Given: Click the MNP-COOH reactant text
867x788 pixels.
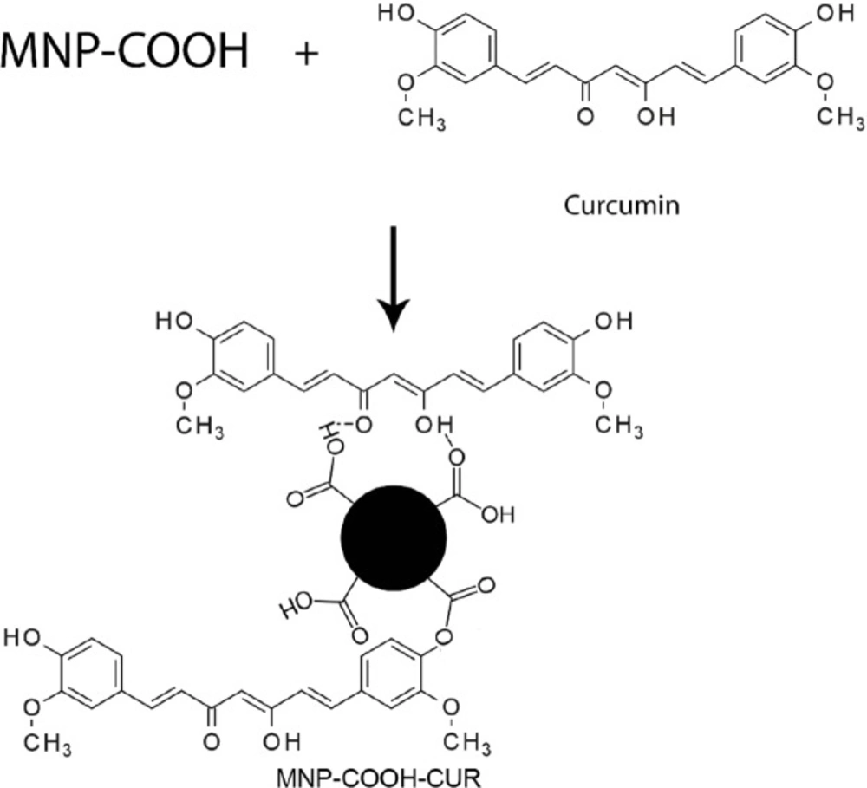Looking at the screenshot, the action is click(x=124, y=51).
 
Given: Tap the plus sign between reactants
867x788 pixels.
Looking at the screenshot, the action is click(x=306, y=55).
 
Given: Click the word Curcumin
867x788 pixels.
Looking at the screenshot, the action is click(x=622, y=205).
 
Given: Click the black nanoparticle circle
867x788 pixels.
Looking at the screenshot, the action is click(x=394, y=538).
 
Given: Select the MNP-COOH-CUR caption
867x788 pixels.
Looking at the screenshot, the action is click(x=379, y=778).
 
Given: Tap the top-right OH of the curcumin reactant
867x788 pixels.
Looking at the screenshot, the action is click(x=835, y=14).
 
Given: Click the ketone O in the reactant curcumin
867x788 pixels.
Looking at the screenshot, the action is click(x=585, y=117).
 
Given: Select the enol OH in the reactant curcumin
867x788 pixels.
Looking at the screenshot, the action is click(x=655, y=117).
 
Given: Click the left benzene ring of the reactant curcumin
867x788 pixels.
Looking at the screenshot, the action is click(x=465, y=49).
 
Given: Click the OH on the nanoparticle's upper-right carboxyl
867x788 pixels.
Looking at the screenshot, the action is click(x=498, y=515).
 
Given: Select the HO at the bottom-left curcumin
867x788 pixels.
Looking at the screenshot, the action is click(x=23, y=639).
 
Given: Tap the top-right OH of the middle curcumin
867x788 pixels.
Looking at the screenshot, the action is click(x=614, y=321).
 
